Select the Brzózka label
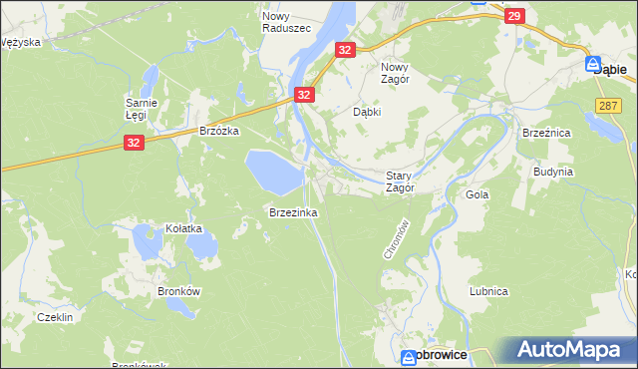pos(219,131)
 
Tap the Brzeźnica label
pos(545,132)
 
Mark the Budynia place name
pos(553,172)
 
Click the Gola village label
pos(478,194)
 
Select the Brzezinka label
pos(292,212)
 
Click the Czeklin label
pos(54,316)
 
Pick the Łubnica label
pos(489,291)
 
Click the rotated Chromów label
pos(392,239)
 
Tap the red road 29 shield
pos(514,16)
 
